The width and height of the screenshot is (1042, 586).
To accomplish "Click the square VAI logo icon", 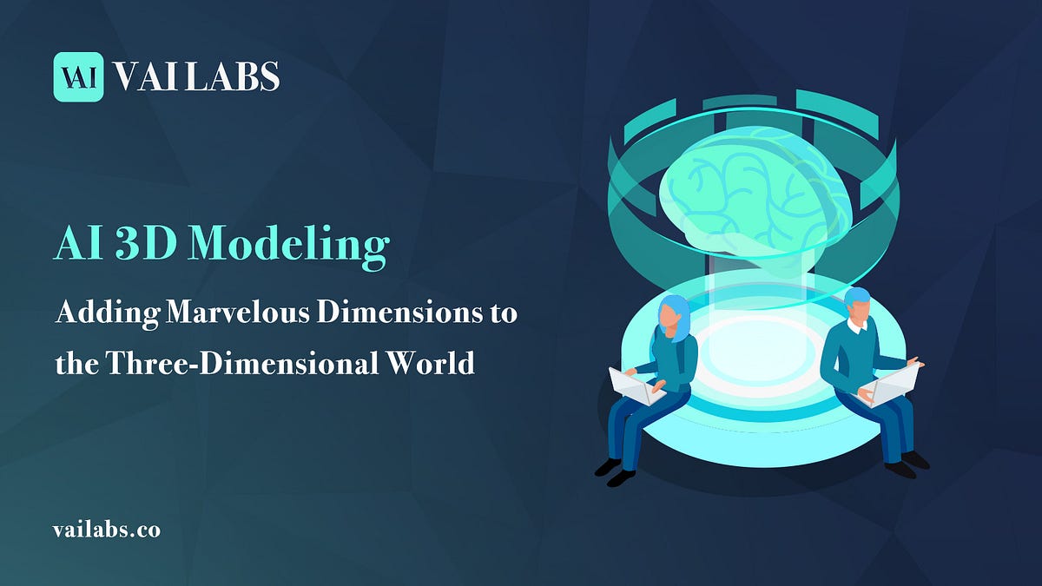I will coord(78,76).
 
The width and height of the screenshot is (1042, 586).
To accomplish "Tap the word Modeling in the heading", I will coord(289,246).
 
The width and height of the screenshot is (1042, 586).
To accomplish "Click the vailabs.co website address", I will coord(107,530).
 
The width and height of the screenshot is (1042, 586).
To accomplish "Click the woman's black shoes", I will coord(615,471).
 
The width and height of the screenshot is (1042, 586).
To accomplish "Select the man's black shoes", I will coord(907,464).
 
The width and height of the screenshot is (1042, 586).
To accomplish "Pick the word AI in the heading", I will coord(76,246).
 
